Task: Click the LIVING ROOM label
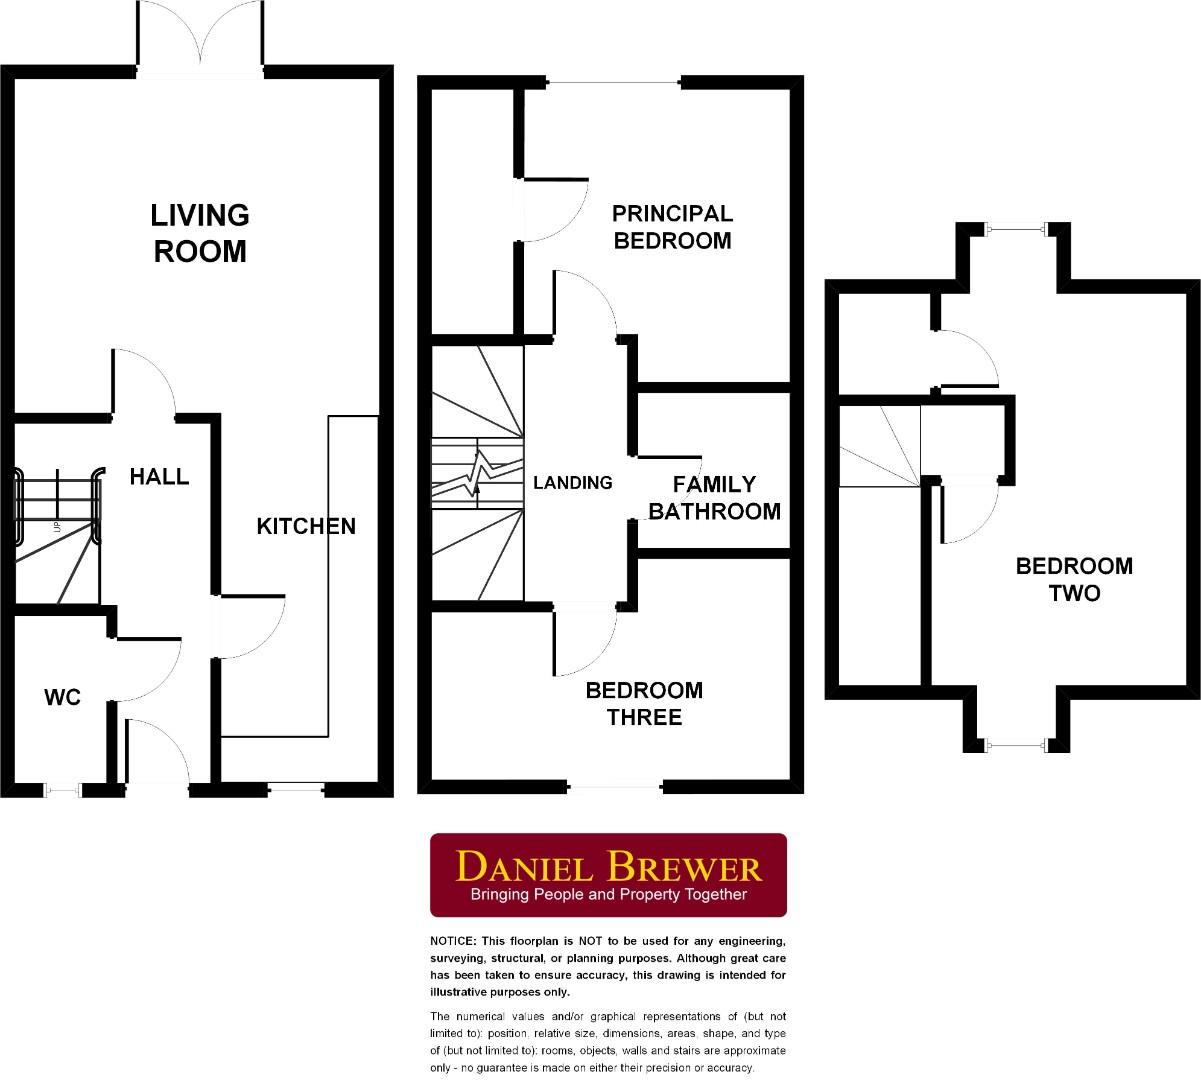tap(199, 233)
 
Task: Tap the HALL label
tap(159, 477)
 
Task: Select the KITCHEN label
tap(306, 526)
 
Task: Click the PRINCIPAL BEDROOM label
tap(672, 227)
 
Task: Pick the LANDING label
tap(572, 483)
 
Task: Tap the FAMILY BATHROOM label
tap(714, 498)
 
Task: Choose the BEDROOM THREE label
tap(644, 704)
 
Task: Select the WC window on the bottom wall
tap(63, 790)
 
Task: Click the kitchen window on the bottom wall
tap(297, 789)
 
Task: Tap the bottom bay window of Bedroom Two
tap(1017, 744)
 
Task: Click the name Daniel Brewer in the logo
tap(608, 866)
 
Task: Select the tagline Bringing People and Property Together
tap(608, 895)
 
